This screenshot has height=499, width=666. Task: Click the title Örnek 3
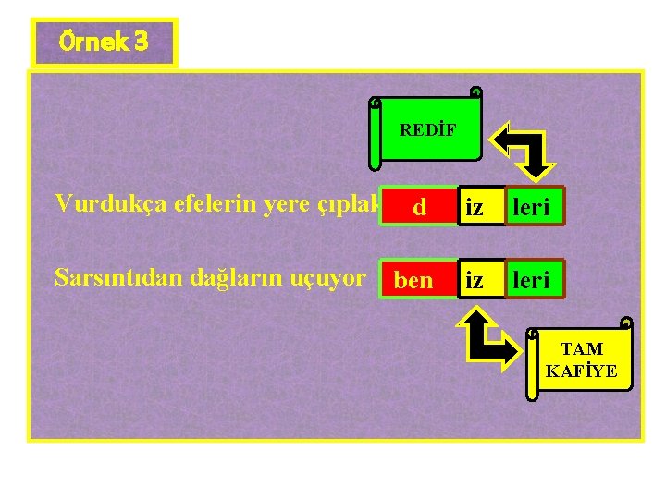[x=103, y=43]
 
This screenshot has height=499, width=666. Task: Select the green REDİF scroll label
[x=426, y=130]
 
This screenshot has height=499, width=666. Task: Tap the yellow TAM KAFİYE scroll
[x=581, y=359]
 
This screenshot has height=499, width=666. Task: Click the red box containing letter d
[x=419, y=208]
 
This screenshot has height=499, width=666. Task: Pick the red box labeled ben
[x=413, y=280]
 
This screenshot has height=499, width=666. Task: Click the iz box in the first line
[x=475, y=208]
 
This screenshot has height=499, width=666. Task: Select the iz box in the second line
[x=475, y=280]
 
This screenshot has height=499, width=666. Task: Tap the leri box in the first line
[x=531, y=208]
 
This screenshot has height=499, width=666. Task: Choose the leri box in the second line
[x=531, y=280]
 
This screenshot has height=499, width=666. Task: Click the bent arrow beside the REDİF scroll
[x=524, y=151]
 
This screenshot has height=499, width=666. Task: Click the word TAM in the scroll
[x=583, y=349]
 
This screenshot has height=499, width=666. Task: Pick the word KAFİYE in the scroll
[x=581, y=371]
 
